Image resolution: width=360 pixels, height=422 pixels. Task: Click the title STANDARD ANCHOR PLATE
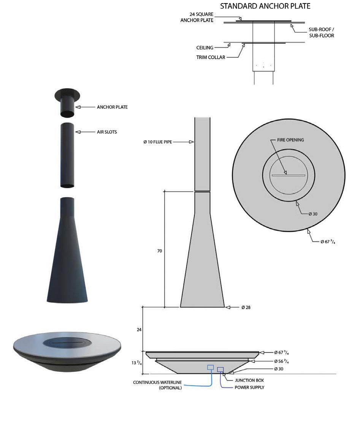click(x=265, y=6)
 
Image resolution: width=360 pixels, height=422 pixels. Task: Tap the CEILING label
click(x=205, y=48)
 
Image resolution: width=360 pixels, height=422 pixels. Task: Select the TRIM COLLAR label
click(x=211, y=57)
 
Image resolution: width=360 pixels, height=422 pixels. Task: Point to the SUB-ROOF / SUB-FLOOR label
click(x=322, y=33)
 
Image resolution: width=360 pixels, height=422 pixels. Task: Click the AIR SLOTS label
click(x=107, y=132)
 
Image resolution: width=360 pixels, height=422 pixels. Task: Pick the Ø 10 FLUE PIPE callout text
click(x=158, y=142)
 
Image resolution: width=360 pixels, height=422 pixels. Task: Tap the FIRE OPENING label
click(x=290, y=140)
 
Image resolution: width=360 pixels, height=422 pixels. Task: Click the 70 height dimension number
click(x=160, y=251)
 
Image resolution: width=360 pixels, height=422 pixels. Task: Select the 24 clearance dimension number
click(x=139, y=329)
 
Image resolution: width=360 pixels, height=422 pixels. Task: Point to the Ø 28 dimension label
click(x=246, y=307)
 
